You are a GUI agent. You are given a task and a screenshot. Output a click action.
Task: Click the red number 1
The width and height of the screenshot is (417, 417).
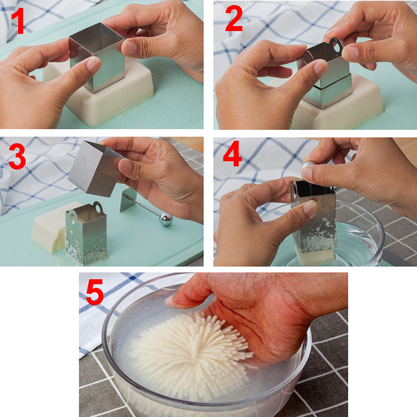(x=18, y=21)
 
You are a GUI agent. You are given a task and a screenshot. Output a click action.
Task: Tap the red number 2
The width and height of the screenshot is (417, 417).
(x=234, y=18)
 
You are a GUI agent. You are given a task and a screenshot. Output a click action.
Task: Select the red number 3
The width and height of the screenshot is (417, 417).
(x=17, y=156)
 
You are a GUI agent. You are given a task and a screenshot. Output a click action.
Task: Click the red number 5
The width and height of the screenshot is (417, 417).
(x=95, y=292)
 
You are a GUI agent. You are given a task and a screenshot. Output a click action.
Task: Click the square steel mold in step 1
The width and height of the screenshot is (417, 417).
(x=97, y=57)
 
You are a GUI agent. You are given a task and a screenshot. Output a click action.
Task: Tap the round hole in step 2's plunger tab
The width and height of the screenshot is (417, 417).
(x=337, y=46)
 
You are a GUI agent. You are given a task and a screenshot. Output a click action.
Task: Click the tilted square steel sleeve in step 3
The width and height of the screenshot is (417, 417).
(x=95, y=168)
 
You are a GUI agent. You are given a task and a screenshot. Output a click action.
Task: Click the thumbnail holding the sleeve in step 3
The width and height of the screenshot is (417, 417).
(x=125, y=165)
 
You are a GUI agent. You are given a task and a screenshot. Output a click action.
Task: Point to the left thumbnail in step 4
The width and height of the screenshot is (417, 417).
(x=310, y=208)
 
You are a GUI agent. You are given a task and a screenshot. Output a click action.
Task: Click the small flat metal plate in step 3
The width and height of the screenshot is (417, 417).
(x=128, y=200)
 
